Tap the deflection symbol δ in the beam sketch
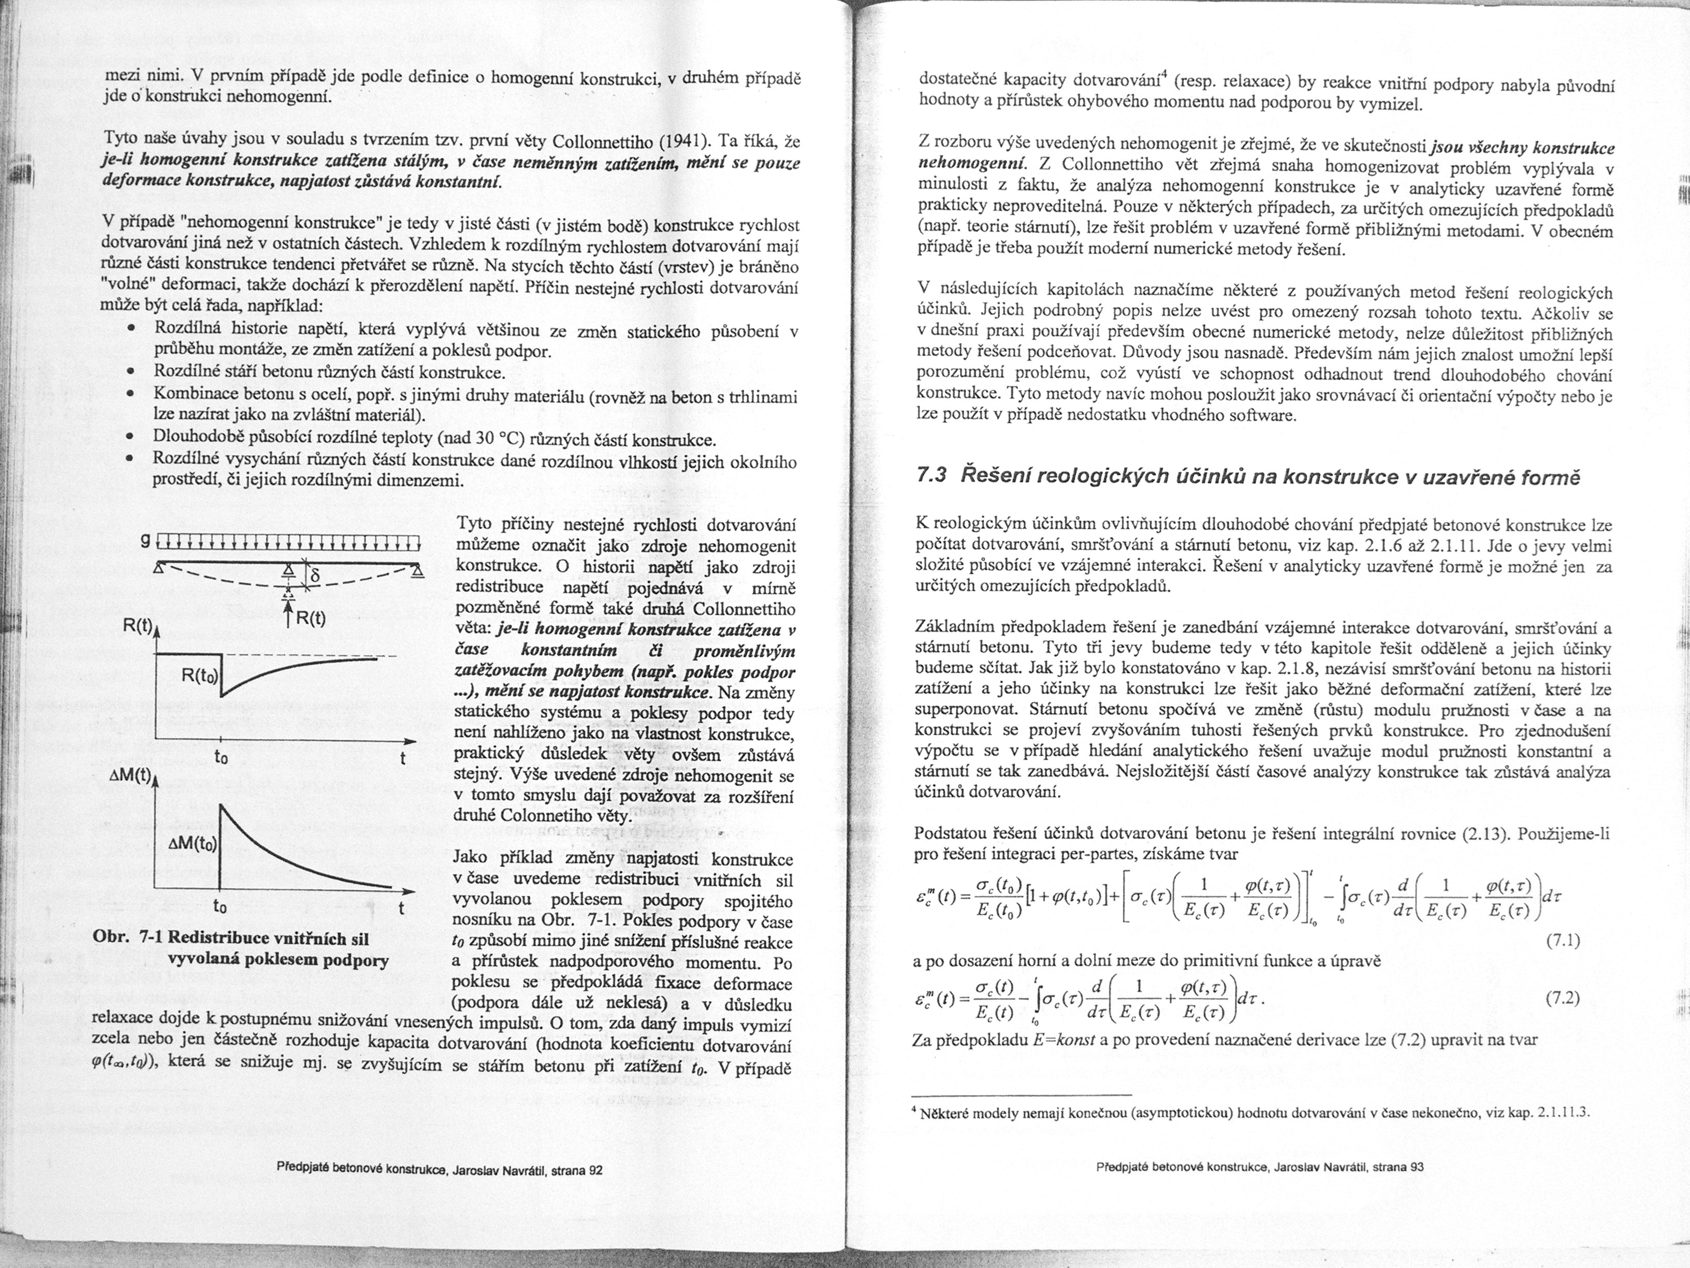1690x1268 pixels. [x=313, y=575]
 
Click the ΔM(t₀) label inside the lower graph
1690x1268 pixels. [x=193, y=845]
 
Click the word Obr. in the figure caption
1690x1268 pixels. [x=109, y=939]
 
